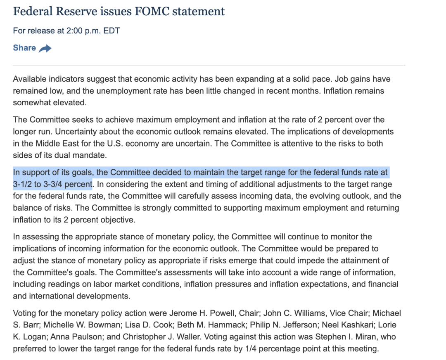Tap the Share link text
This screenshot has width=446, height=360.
coord(24,48)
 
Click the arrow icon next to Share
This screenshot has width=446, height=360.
coord(45,49)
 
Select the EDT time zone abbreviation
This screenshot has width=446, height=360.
coord(111,31)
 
